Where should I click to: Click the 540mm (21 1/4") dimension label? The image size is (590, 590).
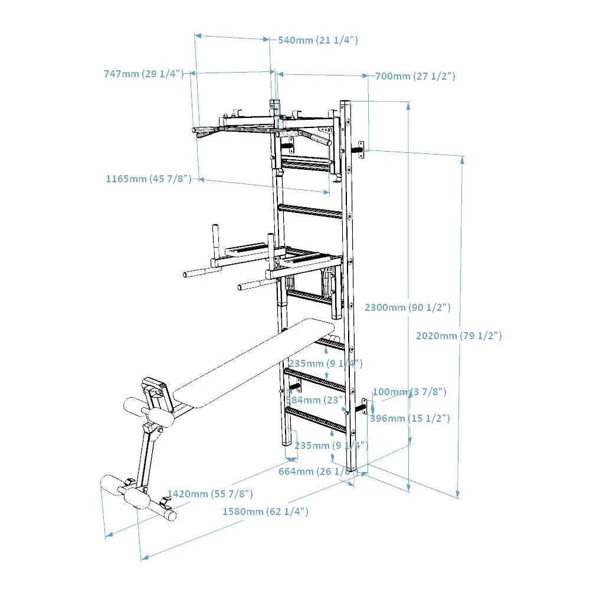coord(317,40)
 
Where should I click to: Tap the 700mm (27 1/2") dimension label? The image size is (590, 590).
coord(415,76)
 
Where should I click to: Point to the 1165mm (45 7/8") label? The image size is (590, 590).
coord(149,178)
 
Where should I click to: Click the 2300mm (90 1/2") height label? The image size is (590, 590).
coord(408,307)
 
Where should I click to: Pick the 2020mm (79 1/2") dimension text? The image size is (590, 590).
coord(459,336)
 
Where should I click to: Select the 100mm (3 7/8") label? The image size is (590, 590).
coord(409,392)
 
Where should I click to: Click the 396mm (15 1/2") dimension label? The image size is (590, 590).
coord(410,418)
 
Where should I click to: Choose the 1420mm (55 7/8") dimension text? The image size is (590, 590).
coord(210,494)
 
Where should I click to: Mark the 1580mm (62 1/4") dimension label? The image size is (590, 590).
coord(265,512)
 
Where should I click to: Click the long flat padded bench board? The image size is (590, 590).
coord(254,363)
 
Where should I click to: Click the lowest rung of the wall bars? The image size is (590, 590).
coord(316,419)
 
